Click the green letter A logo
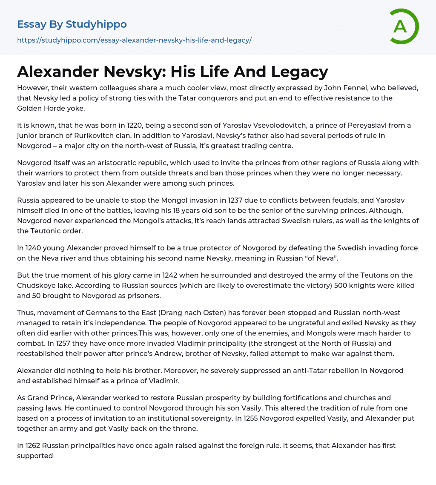click(404, 26)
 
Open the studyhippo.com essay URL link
click(134, 40)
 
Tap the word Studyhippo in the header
click(96, 24)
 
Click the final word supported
click(35, 456)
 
